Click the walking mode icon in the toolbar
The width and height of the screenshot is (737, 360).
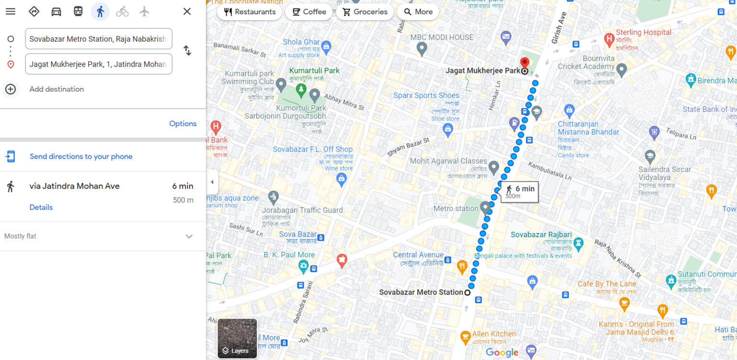click(100, 12)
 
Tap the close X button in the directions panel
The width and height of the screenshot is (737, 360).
click(187, 12)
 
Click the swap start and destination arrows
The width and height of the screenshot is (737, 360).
click(187, 50)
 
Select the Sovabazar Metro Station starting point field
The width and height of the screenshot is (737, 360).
click(98, 39)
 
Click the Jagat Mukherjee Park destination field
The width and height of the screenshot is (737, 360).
click(98, 64)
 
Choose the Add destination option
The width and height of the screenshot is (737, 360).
click(56, 89)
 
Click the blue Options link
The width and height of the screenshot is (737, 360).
click(183, 124)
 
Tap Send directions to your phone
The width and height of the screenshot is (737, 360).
click(81, 156)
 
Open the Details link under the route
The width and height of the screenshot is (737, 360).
click(41, 207)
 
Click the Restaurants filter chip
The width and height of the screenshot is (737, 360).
click(250, 12)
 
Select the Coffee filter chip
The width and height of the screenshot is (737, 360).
click(309, 12)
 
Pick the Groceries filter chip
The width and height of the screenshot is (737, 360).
click(365, 12)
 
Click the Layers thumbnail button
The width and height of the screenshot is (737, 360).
click(238, 338)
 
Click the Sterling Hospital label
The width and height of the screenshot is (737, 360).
click(643, 33)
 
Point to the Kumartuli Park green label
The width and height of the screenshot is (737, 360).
click(314, 71)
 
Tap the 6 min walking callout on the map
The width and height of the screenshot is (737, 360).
click(520, 192)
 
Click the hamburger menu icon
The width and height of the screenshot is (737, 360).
click(11, 12)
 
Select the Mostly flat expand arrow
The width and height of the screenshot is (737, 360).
click(189, 236)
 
